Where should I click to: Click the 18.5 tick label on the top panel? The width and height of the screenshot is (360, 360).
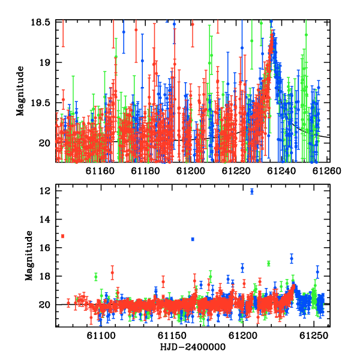tap(41, 23)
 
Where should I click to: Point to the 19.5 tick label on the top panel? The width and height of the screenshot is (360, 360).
tap(41, 103)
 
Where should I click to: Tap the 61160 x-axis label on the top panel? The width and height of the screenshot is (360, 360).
tap(100, 171)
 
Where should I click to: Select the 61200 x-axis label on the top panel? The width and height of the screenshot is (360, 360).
tap(191, 171)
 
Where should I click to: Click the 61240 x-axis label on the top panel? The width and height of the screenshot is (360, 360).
tap(282, 171)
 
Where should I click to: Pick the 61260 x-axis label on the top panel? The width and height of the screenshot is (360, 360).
tap(327, 171)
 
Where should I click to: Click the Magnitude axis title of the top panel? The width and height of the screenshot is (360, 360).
tap(20, 91)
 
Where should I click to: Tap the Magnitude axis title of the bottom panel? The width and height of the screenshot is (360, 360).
tap(29, 256)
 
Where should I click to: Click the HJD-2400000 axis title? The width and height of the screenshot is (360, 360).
tap(193, 347)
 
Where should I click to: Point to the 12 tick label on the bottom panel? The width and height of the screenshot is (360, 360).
tap(45, 191)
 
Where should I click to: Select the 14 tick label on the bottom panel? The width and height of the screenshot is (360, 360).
tap(45, 220)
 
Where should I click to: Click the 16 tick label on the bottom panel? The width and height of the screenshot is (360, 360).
tap(45, 248)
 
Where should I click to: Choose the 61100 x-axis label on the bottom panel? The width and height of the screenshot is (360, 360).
tap(101, 336)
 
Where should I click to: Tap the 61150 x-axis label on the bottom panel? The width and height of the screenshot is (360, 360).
tap(172, 336)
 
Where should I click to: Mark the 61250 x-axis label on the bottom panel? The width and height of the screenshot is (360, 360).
tap(314, 336)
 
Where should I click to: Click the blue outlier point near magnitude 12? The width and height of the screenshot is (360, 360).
tap(252, 191)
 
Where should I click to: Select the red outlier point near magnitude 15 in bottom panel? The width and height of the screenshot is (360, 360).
tap(62, 236)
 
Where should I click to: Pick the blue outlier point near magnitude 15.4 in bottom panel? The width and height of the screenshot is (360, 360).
tap(193, 239)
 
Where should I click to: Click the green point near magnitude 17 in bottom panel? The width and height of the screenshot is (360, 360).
tap(269, 263)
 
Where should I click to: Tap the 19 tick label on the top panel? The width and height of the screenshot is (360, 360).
tap(45, 62)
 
